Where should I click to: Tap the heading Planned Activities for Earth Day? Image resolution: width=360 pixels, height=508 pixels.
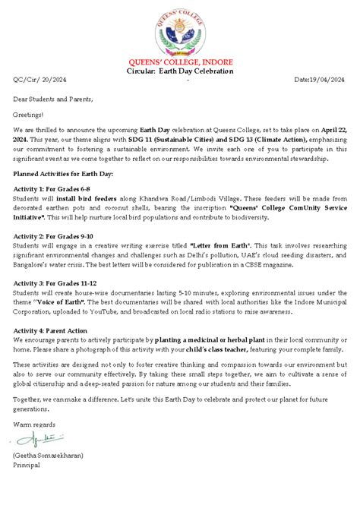[x=63, y=173]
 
